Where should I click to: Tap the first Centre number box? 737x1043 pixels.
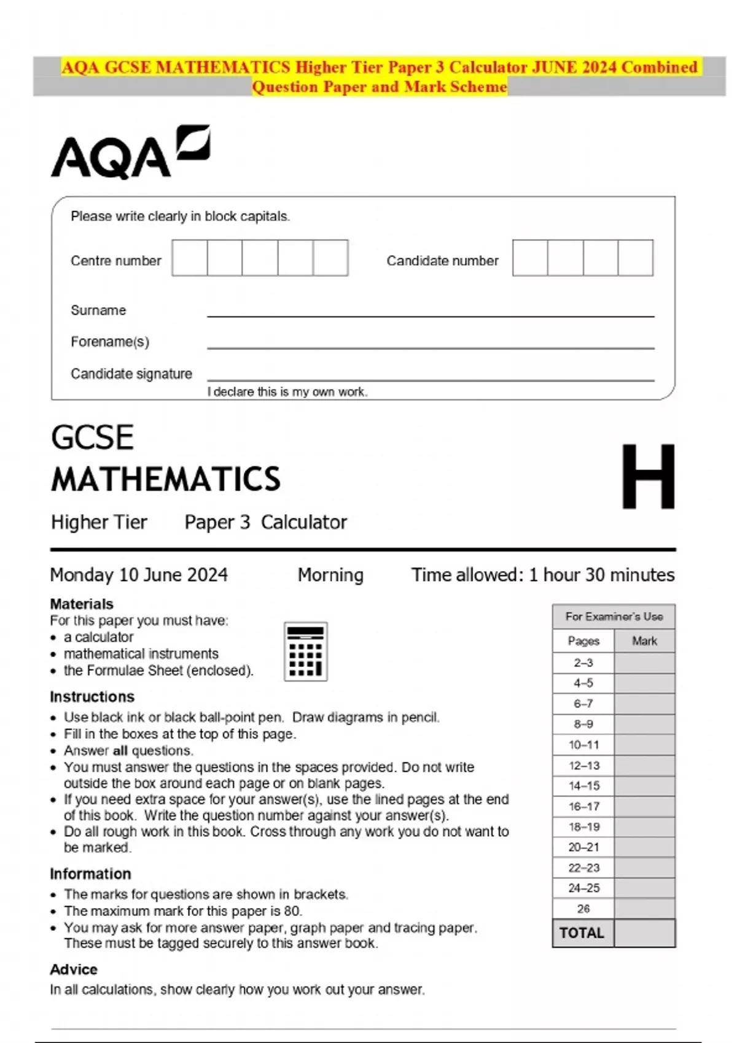pyautogui.click(x=190, y=258)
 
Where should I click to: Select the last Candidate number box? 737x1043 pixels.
pyautogui.click(x=635, y=258)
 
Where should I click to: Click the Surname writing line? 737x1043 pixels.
pyautogui.click(x=430, y=311)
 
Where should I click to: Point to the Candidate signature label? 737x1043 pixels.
pyautogui.click(x=131, y=374)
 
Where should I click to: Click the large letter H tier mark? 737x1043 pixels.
pyautogui.click(x=648, y=477)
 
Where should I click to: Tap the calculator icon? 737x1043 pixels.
pyautogui.click(x=305, y=652)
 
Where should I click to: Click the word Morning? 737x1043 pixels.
pyautogui.click(x=330, y=575)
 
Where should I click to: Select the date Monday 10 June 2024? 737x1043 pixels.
pyautogui.click(x=139, y=575)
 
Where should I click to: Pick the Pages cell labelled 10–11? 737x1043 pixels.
pyautogui.click(x=583, y=745)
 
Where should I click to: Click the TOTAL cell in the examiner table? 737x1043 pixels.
pyautogui.click(x=582, y=933)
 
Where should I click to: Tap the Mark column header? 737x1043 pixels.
pyautogui.click(x=644, y=641)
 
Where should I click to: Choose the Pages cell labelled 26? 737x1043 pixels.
pyautogui.click(x=583, y=909)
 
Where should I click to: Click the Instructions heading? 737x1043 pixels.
pyautogui.click(x=92, y=697)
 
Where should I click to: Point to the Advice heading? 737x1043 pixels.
pyautogui.click(x=74, y=969)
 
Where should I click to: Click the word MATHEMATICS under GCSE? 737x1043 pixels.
pyautogui.click(x=166, y=479)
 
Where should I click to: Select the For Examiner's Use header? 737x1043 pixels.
pyautogui.click(x=614, y=617)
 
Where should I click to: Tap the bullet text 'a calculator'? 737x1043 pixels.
pyautogui.click(x=98, y=637)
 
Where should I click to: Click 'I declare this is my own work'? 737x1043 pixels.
pyautogui.click(x=287, y=392)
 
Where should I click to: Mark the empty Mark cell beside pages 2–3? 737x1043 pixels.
pyautogui.click(x=644, y=663)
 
